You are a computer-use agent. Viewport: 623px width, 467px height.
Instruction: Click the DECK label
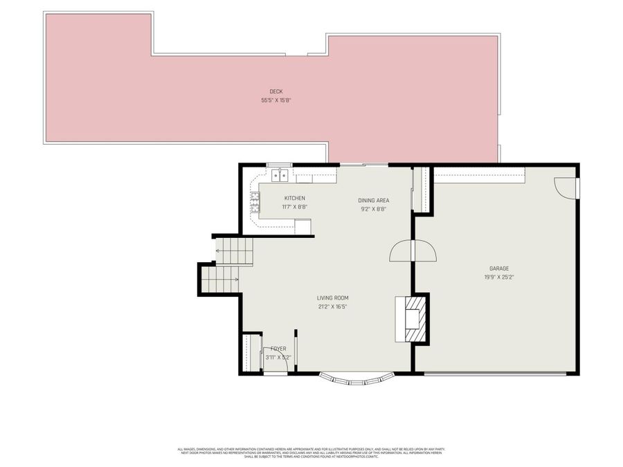coord(276,92)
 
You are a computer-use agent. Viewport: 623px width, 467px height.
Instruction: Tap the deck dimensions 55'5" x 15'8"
coord(276,100)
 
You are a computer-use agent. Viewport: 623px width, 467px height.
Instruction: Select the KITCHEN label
coord(294,199)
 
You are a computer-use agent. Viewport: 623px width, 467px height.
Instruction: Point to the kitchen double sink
coord(280,175)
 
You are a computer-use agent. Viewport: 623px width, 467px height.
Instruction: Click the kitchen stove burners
coord(255,202)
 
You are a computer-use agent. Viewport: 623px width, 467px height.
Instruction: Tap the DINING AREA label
coord(373,201)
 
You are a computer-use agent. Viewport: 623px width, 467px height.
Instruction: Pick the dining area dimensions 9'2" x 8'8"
coord(373,209)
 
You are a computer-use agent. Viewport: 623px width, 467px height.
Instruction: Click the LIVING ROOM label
coord(332,298)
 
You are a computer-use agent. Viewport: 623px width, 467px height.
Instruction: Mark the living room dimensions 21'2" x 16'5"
coord(332,306)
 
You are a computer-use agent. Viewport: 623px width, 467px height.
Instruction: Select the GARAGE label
coord(499,268)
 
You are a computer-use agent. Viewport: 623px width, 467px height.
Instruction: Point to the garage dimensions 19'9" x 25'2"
coord(499,277)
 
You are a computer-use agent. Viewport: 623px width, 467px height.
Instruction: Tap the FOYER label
coord(278,349)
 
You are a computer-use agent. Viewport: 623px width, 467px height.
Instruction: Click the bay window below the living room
coord(356,379)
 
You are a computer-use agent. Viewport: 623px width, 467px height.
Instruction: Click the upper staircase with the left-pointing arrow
coord(234,250)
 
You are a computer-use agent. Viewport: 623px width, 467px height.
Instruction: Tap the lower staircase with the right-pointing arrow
coord(220,279)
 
